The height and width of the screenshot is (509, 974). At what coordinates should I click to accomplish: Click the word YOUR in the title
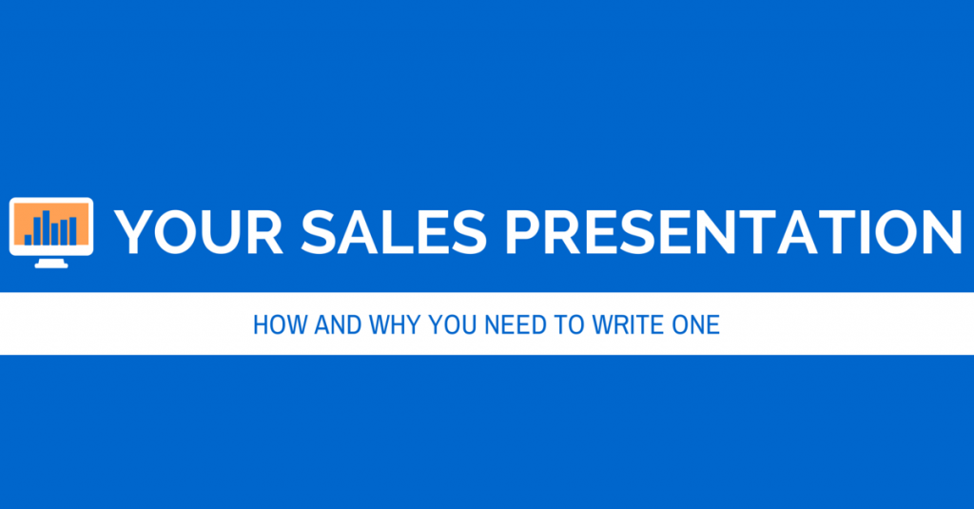click(199, 232)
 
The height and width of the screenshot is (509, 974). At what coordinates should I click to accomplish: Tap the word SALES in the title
click(393, 232)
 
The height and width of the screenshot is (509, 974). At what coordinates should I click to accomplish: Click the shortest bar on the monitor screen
click(28, 239)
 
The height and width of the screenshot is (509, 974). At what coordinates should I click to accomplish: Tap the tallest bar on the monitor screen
click(46, 227)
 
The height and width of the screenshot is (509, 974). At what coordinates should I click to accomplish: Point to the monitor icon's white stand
click(51, 263)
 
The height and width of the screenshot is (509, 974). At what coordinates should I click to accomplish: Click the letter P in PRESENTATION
click(524, 232)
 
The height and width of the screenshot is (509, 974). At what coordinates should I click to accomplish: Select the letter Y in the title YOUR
click(135, 232)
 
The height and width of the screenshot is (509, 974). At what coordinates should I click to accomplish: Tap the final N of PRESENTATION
click(943, 232)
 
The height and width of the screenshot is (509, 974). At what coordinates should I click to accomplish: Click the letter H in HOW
click(261, 325)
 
